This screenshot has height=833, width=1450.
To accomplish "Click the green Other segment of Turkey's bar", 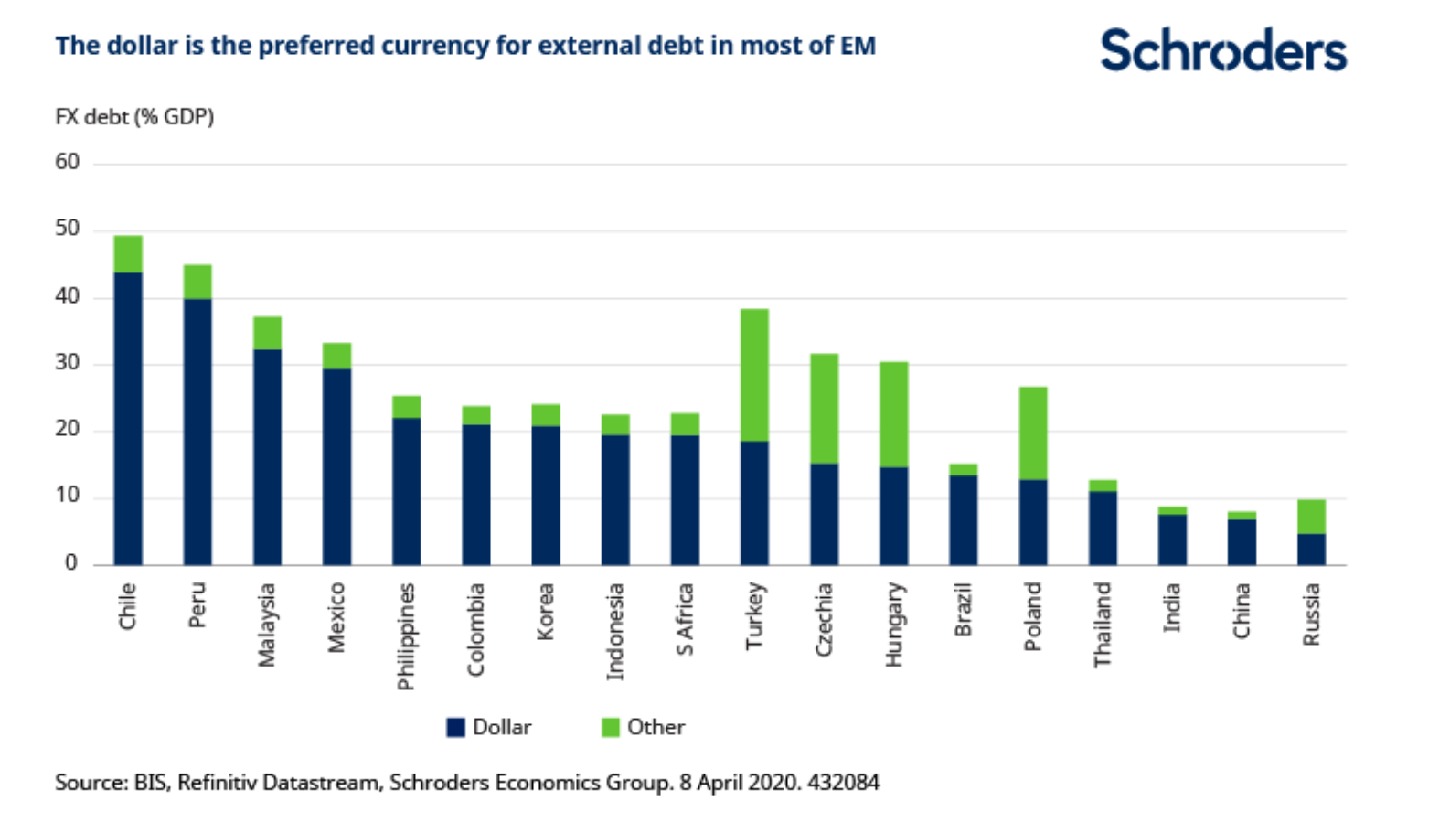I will point(754,375).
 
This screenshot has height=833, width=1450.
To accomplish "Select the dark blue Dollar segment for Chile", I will point(128,418).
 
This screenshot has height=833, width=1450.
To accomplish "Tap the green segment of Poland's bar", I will point(1033,433).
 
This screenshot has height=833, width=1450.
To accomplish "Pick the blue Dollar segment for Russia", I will point(1311,549).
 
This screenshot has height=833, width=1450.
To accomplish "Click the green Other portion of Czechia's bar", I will point(824,408).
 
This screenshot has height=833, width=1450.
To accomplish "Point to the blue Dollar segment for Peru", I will point(197,431).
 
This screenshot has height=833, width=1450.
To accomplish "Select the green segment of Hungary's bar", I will point(893,414).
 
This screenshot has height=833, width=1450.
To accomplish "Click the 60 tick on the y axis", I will point(68,162).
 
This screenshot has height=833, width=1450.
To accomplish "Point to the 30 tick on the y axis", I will point(68,363).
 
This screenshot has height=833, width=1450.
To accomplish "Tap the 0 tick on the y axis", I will point(71,563).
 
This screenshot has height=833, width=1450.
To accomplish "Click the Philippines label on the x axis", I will point(406,636).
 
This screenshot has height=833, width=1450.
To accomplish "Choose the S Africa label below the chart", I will point(685,619).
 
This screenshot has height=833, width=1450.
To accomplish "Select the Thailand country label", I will point(1103,625).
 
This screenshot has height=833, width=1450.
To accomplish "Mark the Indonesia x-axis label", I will point(615,632).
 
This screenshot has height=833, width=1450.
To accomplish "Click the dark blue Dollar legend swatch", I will point(455,728).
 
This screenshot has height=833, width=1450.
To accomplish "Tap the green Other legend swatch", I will point(610,728).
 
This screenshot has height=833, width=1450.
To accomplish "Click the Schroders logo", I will point(1222,50).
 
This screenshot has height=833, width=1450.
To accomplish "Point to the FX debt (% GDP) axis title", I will point(134,117).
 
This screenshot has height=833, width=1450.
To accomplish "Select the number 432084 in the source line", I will point(843,783).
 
